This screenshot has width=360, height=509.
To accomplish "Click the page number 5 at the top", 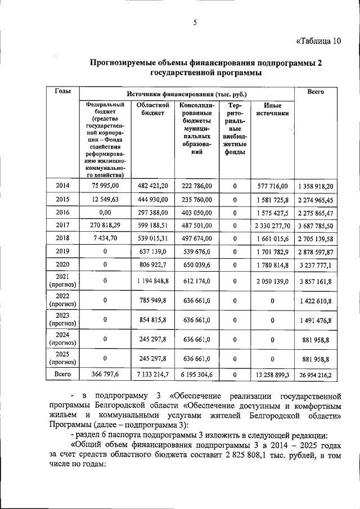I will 195,22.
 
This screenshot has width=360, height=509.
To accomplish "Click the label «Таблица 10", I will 318,40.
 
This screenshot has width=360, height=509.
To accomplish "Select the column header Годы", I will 62,92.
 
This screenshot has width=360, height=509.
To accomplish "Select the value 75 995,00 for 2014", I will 105,186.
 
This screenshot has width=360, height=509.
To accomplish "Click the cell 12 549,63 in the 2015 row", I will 105,200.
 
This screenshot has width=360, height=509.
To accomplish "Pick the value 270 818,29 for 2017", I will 105,226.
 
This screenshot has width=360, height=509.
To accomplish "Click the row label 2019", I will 62,251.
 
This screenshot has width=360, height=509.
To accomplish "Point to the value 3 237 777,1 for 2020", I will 316,264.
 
